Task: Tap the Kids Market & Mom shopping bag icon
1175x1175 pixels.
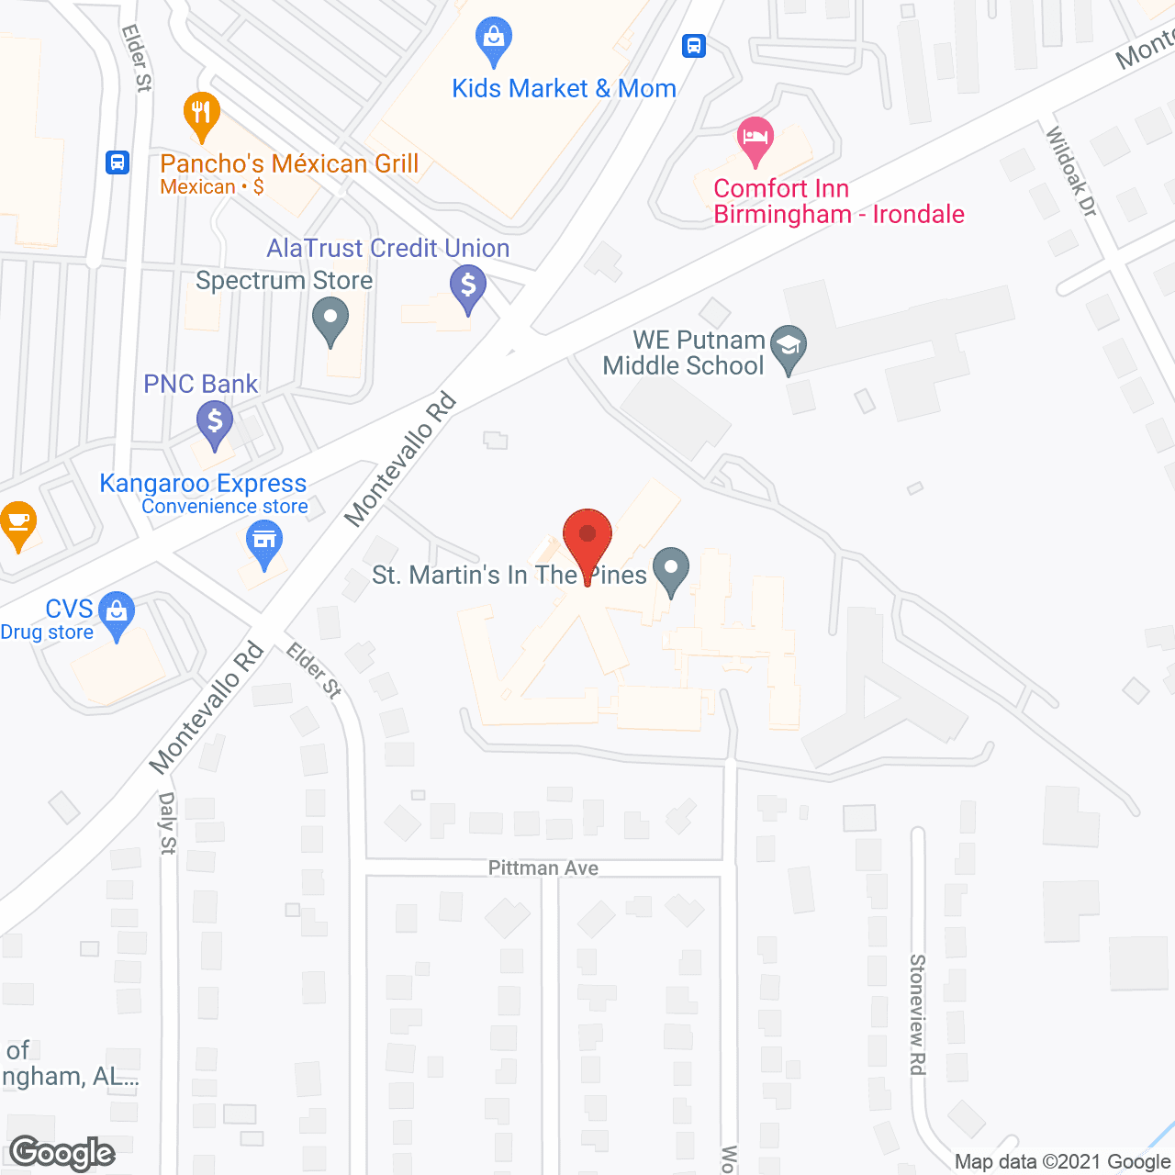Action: pyautogui.click(x=494, y=39)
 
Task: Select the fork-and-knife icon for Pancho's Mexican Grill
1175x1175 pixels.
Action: pyautogui.click(x=201, y=113)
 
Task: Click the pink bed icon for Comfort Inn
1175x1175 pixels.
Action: pyautogui.click(x=755, y=140)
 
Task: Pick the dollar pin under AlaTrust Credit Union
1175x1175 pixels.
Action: pyautogui.click(x=468, y=286)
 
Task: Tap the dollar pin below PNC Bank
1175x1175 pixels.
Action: pyautogui.click(x=215, y=423)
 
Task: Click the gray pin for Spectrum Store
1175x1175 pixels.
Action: pyautogui.click(x=330, y=322)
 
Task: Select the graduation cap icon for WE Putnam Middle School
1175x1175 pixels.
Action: pyautogui.click(x=788, y=347)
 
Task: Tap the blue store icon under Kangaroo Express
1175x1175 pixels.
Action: pyautogui.click(x=264, y=541)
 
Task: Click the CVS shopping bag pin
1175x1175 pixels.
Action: pyautogui.click(x=116, y=612)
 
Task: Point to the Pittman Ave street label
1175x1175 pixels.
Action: pyautogui.click(x=543, y=867)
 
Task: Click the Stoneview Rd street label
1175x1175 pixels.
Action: pyautogui.click(x=917, y=1014)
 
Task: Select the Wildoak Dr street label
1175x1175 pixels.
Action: pyautogui.click(x=1071, y=172)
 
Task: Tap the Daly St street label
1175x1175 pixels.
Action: pyautogui.click(x=167, y=823)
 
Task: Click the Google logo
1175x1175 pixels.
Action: pyautogui.click(x=62, y=1154)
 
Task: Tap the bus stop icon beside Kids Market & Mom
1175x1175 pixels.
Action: pyautogui.click(x=694, y=45)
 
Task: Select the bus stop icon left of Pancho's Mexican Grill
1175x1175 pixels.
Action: pyautogui.click(x=117, y=162)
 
